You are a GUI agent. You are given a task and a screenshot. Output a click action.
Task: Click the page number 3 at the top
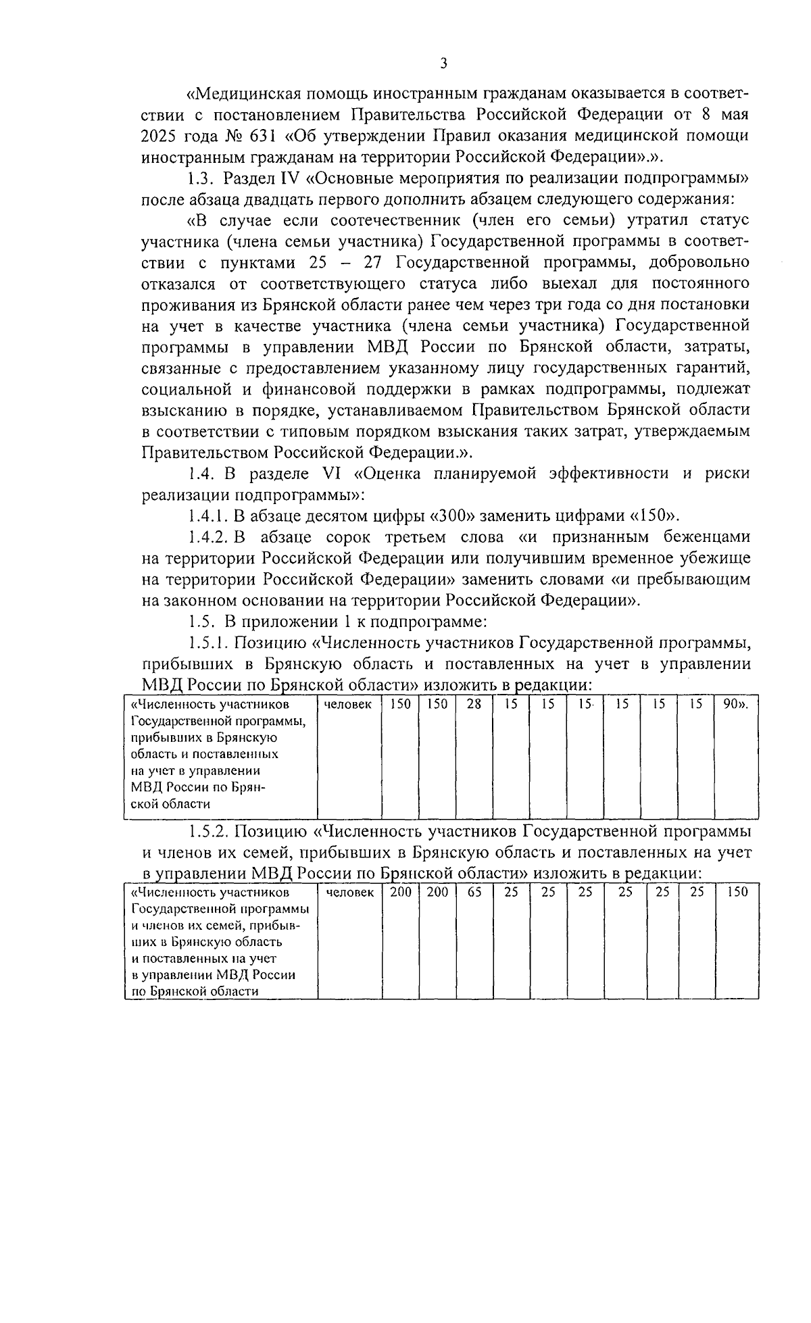[x=443, y=64]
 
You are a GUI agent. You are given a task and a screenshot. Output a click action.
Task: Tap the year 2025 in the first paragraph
[x=159, y=136]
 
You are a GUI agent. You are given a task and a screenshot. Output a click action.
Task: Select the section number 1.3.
[x=200, y=178]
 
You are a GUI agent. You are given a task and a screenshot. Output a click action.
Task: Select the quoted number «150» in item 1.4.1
[x=655, y=516]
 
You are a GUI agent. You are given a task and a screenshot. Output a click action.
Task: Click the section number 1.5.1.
[x=210, y=642]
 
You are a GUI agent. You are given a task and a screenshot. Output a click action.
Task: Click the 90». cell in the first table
[x=735, y=704]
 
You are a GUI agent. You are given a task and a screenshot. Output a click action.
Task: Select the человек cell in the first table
[x=348, y=704]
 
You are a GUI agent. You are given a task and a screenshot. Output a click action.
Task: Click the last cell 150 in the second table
[x=737, y=892]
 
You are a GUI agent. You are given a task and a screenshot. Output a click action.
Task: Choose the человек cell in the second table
[x=349, y=892]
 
